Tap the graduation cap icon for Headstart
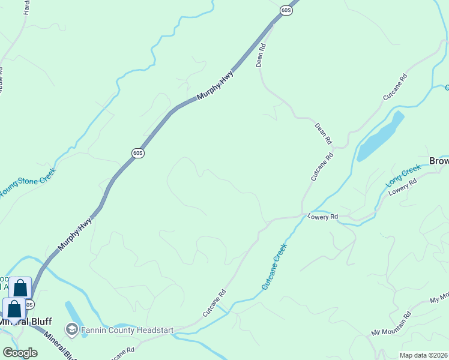(x=72, y=329)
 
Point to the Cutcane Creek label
(x=276, y=266)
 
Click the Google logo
(x=20, y=352)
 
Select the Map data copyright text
(x=423, y=355)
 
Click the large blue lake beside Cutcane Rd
(x=379, y=137)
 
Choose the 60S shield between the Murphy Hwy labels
(x=137, y=153)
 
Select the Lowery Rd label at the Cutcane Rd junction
(x=323, y=217)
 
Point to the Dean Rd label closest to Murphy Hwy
(x=261, y=55)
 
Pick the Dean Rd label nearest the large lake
(x=323, y=134)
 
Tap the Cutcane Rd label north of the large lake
(x=395, y=86)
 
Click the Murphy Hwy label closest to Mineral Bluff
(x=75, y=235)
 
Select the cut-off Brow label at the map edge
(x=439, y=161)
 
